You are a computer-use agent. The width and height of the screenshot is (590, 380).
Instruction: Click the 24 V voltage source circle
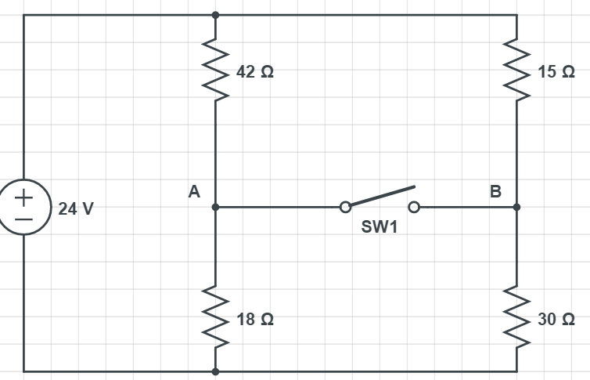point(24,208)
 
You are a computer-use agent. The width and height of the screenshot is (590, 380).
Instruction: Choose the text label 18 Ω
point(255,320)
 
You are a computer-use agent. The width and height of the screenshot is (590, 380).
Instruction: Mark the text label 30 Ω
point(556,320)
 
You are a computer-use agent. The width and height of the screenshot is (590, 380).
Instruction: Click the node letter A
point(194,190)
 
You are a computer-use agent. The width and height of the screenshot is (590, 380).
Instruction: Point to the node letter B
point(495,190)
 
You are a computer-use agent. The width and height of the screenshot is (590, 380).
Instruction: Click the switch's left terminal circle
point(344,208)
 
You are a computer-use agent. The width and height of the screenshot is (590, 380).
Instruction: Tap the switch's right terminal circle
point(414,208)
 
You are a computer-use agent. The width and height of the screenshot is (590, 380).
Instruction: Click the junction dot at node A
point(215,208)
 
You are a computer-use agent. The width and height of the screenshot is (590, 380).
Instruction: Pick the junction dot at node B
point(516,208)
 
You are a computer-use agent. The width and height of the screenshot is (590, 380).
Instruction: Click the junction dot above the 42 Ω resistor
point(215,15)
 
